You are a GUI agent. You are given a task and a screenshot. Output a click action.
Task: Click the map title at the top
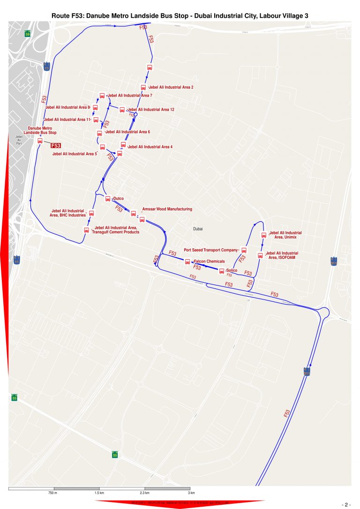point(180,16)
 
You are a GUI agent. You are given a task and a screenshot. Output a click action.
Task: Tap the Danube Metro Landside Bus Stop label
point(40,130)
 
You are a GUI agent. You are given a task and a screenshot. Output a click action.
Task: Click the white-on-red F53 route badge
point(56,146)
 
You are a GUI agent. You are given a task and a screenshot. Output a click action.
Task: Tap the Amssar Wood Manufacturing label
point(167,209)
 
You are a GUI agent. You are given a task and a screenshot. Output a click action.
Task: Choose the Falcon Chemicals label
point(209,261)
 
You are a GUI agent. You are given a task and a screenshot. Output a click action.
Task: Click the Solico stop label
point(232,271)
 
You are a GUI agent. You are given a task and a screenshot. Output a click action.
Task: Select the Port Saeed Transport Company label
point(211,250)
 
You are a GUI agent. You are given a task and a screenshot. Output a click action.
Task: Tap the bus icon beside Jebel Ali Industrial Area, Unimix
point(263,235)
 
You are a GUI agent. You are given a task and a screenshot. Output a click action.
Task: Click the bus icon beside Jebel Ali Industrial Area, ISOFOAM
point(260,255)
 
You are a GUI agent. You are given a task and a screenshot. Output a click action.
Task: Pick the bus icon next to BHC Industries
point(91,213)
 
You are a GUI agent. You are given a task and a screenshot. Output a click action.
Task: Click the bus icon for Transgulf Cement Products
point(86,230)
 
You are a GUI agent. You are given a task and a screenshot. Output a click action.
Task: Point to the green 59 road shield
point(28,34)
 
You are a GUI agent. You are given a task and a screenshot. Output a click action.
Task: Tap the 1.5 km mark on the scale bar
point(99,493)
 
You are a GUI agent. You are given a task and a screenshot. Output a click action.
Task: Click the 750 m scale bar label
point(52,493)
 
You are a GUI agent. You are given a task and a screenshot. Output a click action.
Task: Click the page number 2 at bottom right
point(346,505)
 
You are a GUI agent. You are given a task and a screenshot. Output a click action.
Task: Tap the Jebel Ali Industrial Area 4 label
point(150,147)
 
